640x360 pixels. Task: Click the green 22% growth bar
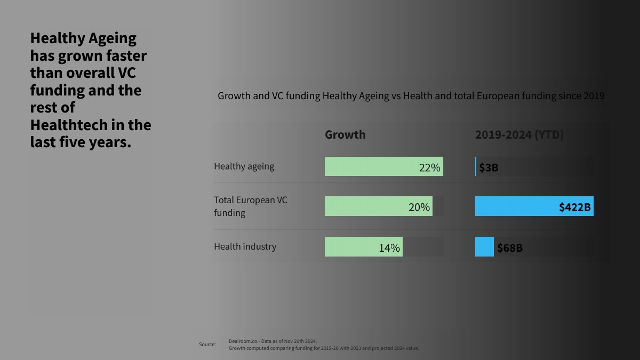click(368, 166)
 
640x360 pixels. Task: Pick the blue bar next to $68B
click(484, 247)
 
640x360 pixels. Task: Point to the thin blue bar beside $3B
click(476, 166)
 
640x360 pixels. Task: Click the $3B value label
click(489, 167)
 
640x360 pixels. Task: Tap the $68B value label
click(510, 248)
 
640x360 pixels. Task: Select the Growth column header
click(345, 134)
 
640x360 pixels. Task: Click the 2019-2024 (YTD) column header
click(519, 135)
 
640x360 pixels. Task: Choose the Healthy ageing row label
click(244, 166)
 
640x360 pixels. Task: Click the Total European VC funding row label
click(250, 206)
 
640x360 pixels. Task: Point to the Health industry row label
click(245, 247)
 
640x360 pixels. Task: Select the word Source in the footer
click(207, 345)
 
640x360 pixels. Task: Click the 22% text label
click(429, 167)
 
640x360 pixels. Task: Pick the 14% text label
click(389, 248)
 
